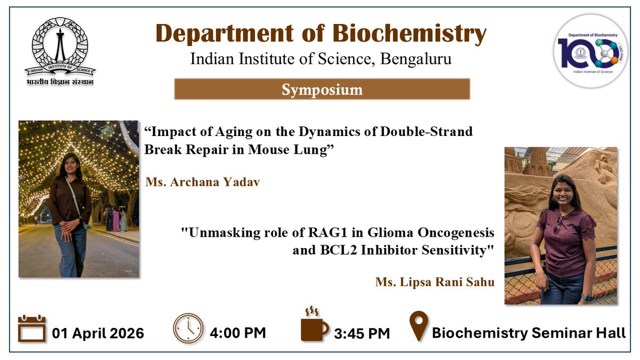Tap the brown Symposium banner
(322, 89)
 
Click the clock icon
(188, 329)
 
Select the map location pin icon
(419, 326)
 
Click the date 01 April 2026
(98, 333)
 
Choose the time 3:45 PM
(362, 333)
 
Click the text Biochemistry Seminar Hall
(529, 333)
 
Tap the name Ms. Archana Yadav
(203, 182)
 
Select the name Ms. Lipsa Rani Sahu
(435, 282)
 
